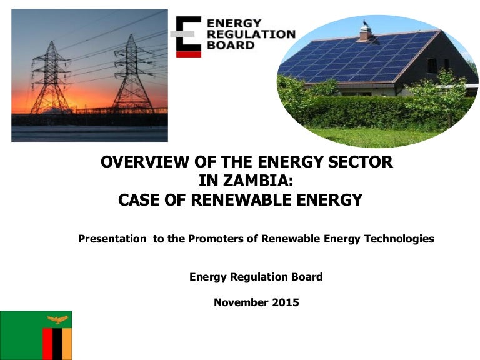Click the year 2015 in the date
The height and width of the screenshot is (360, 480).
[x=286, y=303]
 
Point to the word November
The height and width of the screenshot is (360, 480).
[x=241, y=303]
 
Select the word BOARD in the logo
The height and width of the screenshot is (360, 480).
[x=231, y=46]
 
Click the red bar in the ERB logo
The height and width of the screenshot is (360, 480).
[x=189, y=54]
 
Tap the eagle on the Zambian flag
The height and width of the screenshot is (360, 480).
[x=57, y=320]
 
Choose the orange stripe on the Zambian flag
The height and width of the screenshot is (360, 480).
[x=67, y=344]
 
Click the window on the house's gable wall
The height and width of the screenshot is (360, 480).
[x=432, y=66]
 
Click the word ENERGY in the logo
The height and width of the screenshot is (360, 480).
[x=234, y=23]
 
